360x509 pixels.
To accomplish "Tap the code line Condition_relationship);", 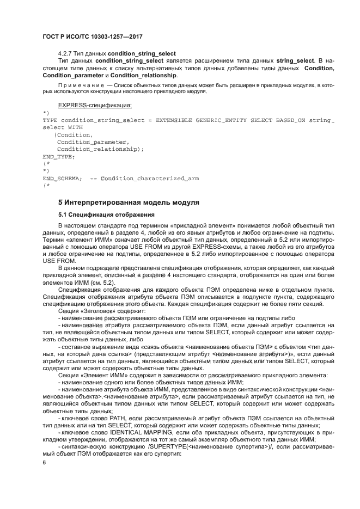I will point(100,149).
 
